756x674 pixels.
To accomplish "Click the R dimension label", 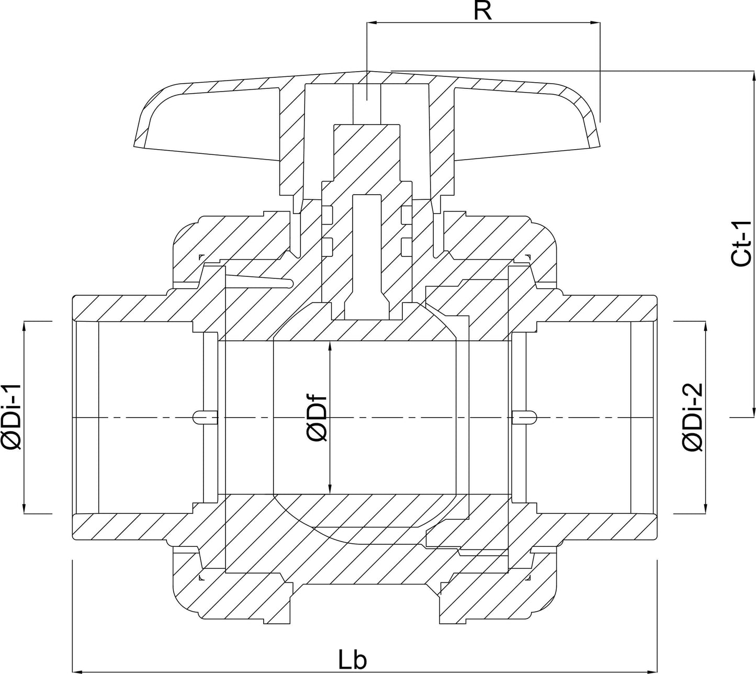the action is pos(482,11).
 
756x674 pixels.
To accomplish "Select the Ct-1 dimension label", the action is pos(741,243).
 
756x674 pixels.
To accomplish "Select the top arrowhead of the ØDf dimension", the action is pos(330,347).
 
